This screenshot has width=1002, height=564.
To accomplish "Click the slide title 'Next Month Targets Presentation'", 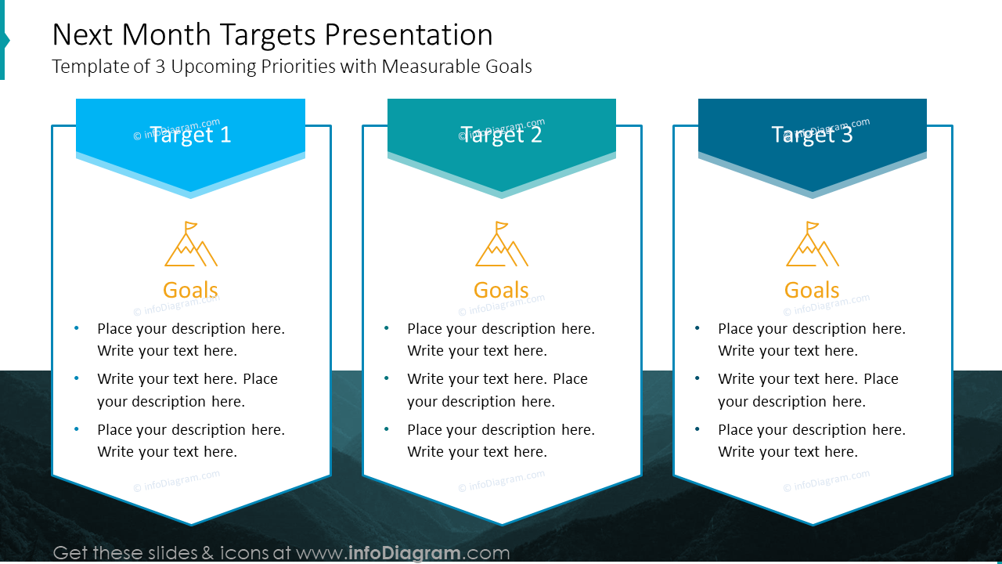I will [x=272, y=35].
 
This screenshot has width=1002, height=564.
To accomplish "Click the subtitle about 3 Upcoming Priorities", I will [x=291, y=67].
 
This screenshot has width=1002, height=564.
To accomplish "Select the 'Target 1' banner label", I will [x=190, y=135].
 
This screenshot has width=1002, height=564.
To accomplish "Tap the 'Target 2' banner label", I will [x=502, y=135].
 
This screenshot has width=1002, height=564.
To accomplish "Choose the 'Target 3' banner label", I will [x=812, y=135].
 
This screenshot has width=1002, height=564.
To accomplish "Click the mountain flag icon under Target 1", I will [x=190, y=244].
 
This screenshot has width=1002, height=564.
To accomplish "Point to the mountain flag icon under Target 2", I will [x=502, y=244].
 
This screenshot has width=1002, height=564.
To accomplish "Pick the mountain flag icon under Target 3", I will [x=812, y=244].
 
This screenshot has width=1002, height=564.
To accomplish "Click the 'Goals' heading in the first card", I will [x=190, y=290].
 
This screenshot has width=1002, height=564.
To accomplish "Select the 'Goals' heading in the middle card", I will [x=501, y=290].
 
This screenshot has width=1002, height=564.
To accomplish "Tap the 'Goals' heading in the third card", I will [x=812, y=290].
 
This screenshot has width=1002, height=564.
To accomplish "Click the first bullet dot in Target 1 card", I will [x=76, y=328].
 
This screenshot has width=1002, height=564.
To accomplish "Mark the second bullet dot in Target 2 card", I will [x=387, y=378].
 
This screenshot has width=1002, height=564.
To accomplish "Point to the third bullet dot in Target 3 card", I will [x=697, y=429].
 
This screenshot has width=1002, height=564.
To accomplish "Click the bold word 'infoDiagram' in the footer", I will [x=404, y=553].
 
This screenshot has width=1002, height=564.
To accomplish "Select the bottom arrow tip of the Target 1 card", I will [x=191, y=522].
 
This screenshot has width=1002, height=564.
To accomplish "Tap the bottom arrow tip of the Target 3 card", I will [x=813, y=522].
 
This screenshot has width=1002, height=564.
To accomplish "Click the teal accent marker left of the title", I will [x=4, y=40].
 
